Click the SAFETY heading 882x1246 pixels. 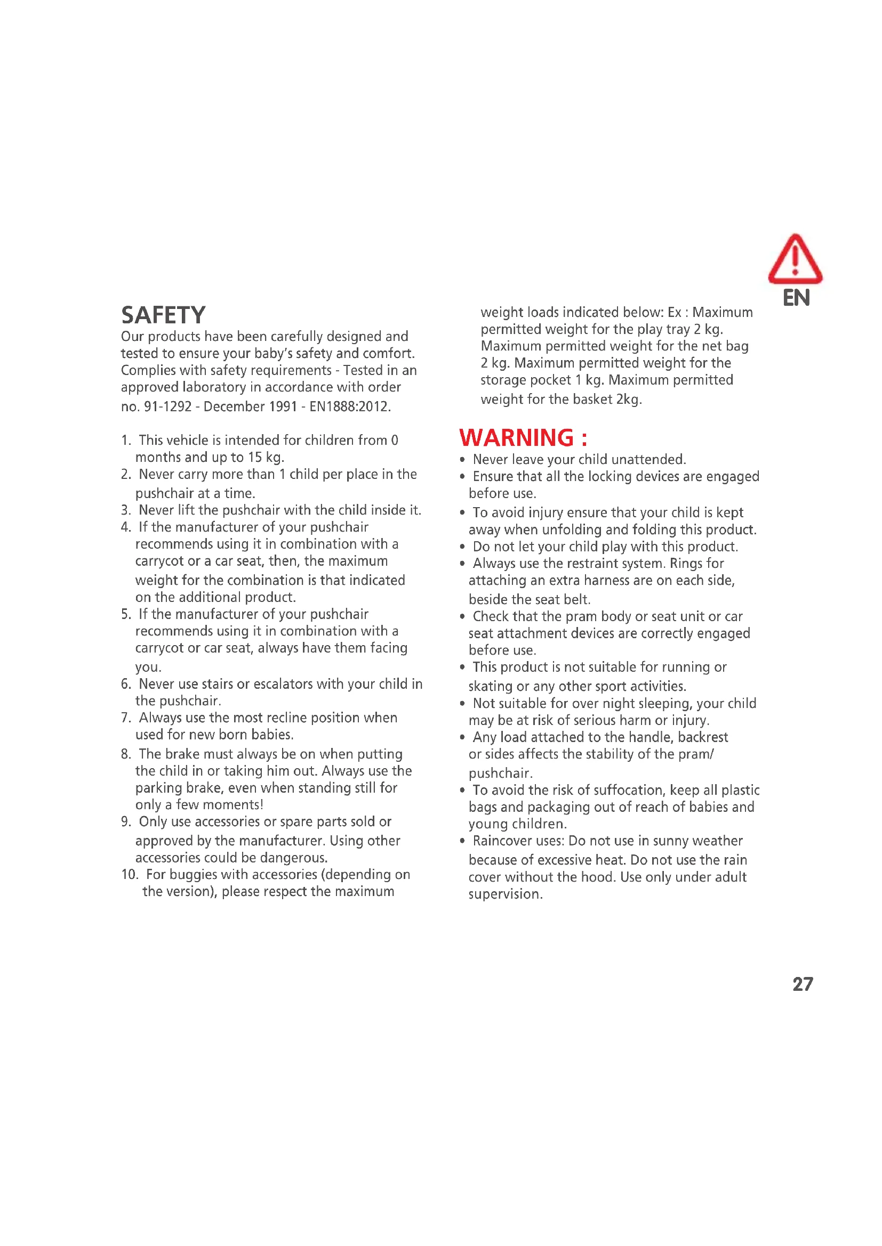click(x=163, y=315)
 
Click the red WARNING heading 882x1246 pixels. click(x=523, y=438)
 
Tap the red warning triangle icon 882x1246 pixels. click(x=795, y=259)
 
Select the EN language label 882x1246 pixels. click(x=796, y=298)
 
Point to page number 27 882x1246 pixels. click(x=802, y=984)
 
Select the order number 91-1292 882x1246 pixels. click(x=168, y=406)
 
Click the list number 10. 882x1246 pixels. click(x=129, y=874)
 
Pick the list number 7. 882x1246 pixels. click(x=126, y=718)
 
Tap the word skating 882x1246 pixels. click(x=490, y=686)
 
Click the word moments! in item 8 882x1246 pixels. click(x=239, y=804)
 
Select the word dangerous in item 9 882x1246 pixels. click(x=293, y=858)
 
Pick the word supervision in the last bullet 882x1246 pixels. click(x=504, y=894)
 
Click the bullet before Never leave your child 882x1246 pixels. click(x=462, y=460)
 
